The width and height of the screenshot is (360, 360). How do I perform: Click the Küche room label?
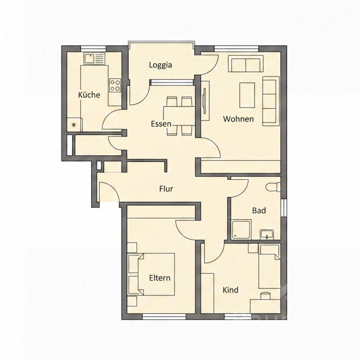(89, 95)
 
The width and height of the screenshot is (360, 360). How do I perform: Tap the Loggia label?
(160, 65)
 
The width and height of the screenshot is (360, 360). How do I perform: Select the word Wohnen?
(238, 119)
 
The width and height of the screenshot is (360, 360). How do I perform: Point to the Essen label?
(161, 124)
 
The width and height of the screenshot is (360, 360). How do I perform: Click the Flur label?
(166, 189)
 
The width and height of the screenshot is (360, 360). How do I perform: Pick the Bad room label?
(259, 210)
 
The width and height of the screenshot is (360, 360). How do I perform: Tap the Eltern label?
(160, 278)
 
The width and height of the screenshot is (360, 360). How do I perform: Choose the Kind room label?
(230, 290)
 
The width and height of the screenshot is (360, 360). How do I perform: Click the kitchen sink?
(94, 59)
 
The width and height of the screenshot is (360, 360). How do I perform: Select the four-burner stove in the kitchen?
(115, 85)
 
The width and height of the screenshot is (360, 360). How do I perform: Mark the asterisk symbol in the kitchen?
(74, 125)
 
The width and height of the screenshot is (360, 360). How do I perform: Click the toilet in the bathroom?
(274, 187)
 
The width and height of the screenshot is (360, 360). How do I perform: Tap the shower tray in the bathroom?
(241, 230)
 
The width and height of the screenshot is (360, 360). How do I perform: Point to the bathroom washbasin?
(266, 235)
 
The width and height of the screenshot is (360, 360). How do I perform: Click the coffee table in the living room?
(247, 95)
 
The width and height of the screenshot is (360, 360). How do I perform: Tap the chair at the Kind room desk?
(266, 295)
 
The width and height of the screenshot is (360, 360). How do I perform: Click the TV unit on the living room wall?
(205, 101)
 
